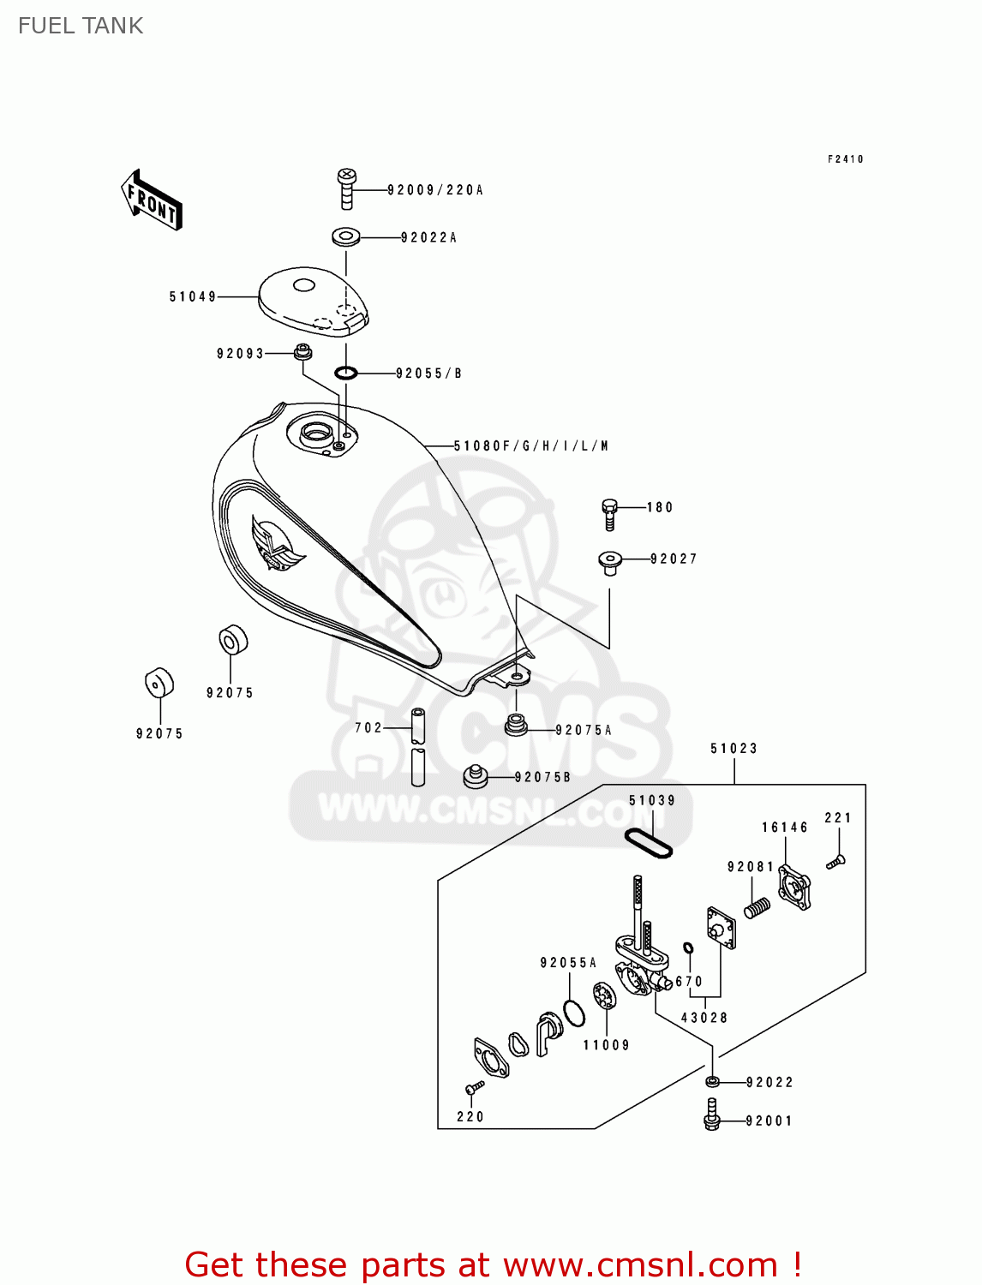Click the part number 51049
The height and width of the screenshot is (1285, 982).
[x=192, y=297]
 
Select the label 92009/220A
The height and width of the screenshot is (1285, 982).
[x=435, y=190]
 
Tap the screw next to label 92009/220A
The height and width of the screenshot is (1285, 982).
[x=346, y=188]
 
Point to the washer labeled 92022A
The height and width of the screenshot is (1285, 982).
[x=345, y=236]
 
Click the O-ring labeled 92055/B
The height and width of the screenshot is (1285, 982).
[x=345, y=373]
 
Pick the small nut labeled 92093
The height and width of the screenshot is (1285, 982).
[x=302, y=351]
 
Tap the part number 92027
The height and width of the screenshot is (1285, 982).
[x=674, y=559]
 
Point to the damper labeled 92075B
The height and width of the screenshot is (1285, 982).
[x=476, y=776]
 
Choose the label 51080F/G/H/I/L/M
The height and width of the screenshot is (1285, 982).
[x=531, y=446]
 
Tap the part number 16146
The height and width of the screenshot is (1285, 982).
[x=784, y=828]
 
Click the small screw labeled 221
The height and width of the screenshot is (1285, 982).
[x=835, y=861]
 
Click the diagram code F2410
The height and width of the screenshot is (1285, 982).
[x=845, y=159]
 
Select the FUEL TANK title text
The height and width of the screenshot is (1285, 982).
[x=81, y=26]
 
